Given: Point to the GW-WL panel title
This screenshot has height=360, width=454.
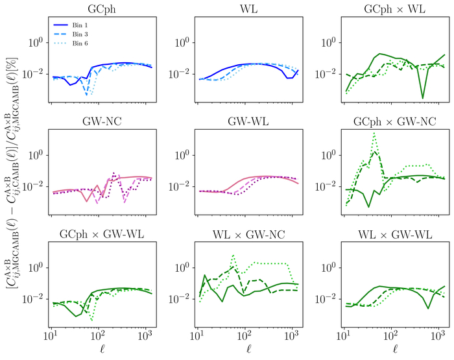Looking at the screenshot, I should pos(248,121).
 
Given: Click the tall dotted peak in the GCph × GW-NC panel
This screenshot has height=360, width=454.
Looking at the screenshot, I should pos(374,134).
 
